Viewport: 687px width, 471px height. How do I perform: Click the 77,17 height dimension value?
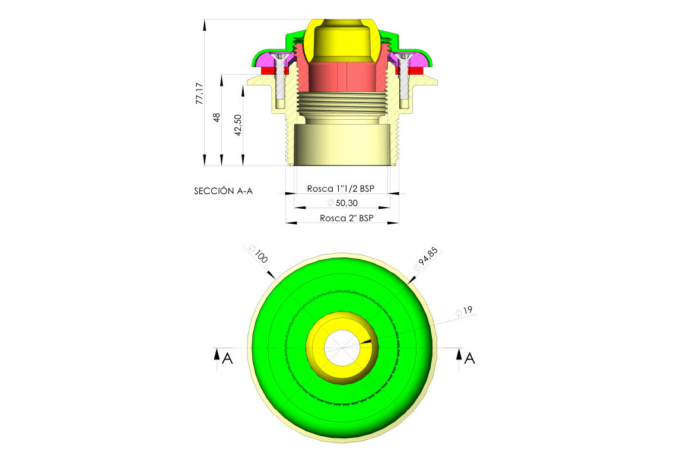click(200, 93)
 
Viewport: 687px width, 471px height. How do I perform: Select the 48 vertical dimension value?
click(217, 117)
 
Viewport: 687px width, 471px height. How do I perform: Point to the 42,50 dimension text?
click(238, 125)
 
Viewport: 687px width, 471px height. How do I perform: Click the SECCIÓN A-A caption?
click(224, 191)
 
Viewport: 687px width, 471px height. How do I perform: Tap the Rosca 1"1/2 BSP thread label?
click(341, 189)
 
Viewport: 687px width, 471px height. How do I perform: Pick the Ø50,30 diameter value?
click(343, 203)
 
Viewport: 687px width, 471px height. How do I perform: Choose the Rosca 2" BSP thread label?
click(346, 218)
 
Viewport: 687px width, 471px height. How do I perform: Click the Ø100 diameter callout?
click(258, 254)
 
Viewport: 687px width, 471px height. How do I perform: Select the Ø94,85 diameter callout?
click(427, 259)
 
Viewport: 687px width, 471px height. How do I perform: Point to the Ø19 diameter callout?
click(464, 311)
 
